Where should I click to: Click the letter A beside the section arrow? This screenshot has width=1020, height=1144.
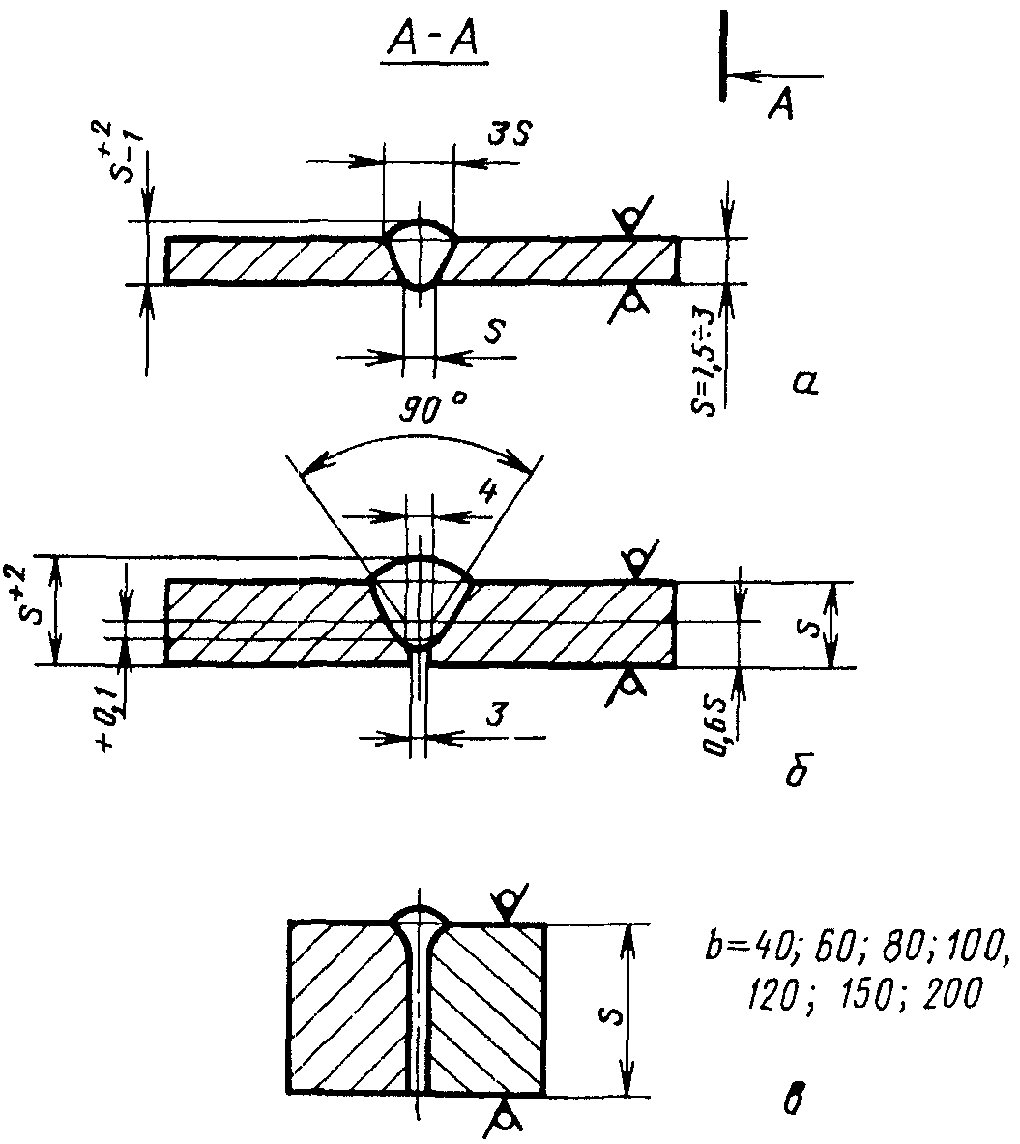[780, 105]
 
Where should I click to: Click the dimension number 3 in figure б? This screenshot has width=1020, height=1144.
[496, 714]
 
